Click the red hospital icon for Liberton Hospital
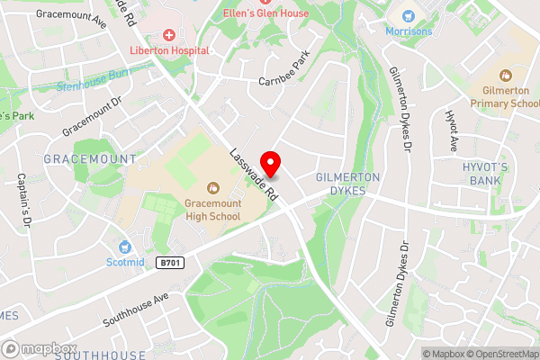[x=168, y=34]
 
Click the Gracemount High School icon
[x=213, y=188]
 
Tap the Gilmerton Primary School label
[x=508, y=97]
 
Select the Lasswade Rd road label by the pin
[x=254, y=174]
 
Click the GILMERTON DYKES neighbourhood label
[x=348, y=184]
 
